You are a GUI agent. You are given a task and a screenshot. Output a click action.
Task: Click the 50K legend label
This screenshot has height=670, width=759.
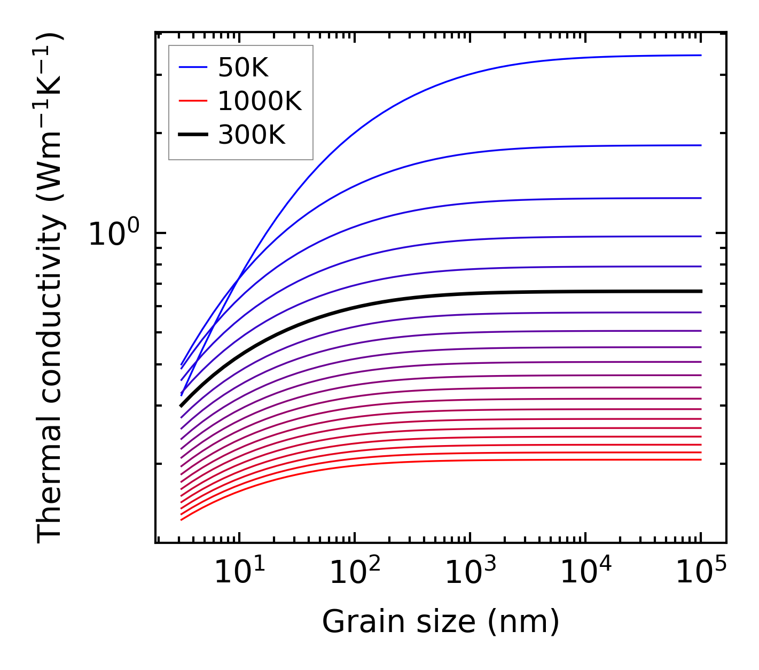pos(243,67)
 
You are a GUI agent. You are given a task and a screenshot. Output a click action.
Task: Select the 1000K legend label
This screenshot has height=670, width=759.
pos(260,101)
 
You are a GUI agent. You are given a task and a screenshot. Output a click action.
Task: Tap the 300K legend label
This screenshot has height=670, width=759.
pos(252,135)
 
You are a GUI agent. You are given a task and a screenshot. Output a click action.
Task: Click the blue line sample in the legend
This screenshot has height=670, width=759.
pos(193,67)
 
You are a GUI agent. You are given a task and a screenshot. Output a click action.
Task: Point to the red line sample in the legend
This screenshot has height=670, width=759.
pos(193,101)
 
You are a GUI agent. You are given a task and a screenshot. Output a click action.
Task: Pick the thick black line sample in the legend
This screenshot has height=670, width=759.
pos(193,135)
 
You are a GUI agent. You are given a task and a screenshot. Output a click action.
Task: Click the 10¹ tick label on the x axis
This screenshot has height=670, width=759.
pos(240,573)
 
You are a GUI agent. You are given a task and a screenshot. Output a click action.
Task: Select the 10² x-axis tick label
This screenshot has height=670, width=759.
pos(355,573)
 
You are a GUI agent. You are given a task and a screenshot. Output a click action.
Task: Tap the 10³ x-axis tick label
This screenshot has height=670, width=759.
pos(471,573)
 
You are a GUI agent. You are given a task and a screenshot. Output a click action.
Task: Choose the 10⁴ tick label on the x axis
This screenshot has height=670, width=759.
pos(586,573)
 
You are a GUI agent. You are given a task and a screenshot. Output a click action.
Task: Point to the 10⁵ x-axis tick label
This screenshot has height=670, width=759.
pos(701,573)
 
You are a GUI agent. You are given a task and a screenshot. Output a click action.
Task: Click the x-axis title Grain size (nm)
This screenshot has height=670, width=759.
pos(441,622)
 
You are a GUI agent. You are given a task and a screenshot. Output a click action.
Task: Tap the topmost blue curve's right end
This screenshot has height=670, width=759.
pos(700,55)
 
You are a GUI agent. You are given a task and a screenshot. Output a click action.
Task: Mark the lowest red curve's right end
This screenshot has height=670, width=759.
pos(700,459)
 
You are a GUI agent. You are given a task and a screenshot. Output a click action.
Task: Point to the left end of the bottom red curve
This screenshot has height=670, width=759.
pos(182,519)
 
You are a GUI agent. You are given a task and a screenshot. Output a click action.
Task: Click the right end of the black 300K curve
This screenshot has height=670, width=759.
pos(700,291)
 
